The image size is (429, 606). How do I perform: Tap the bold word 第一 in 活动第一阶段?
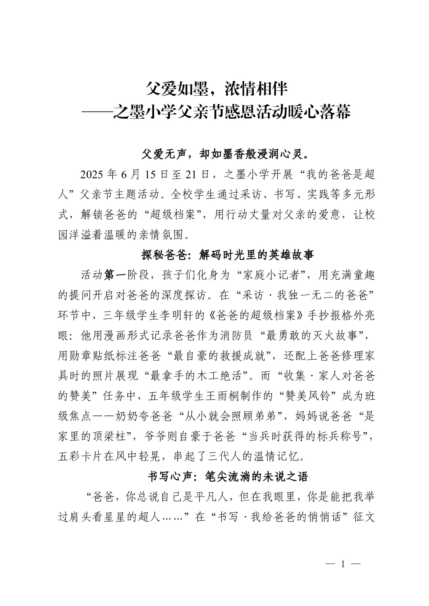(115, 275)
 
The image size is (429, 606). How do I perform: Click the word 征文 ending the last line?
(365, 517)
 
